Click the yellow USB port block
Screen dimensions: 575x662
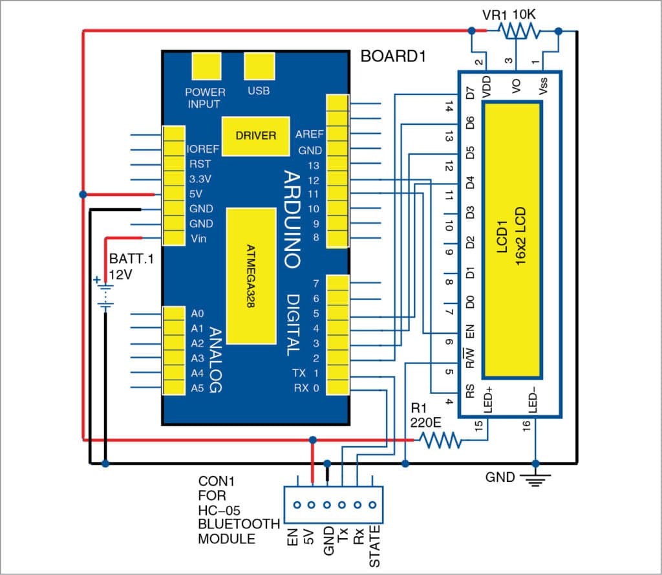[259, 66]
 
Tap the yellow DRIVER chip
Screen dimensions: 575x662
[255, 136]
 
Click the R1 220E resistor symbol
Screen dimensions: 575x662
[440, 441]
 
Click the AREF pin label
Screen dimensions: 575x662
[308, 135]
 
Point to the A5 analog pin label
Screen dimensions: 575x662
[197, 388]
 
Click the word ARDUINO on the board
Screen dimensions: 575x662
[292, 220]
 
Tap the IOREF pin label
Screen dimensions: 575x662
[203, 149]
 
